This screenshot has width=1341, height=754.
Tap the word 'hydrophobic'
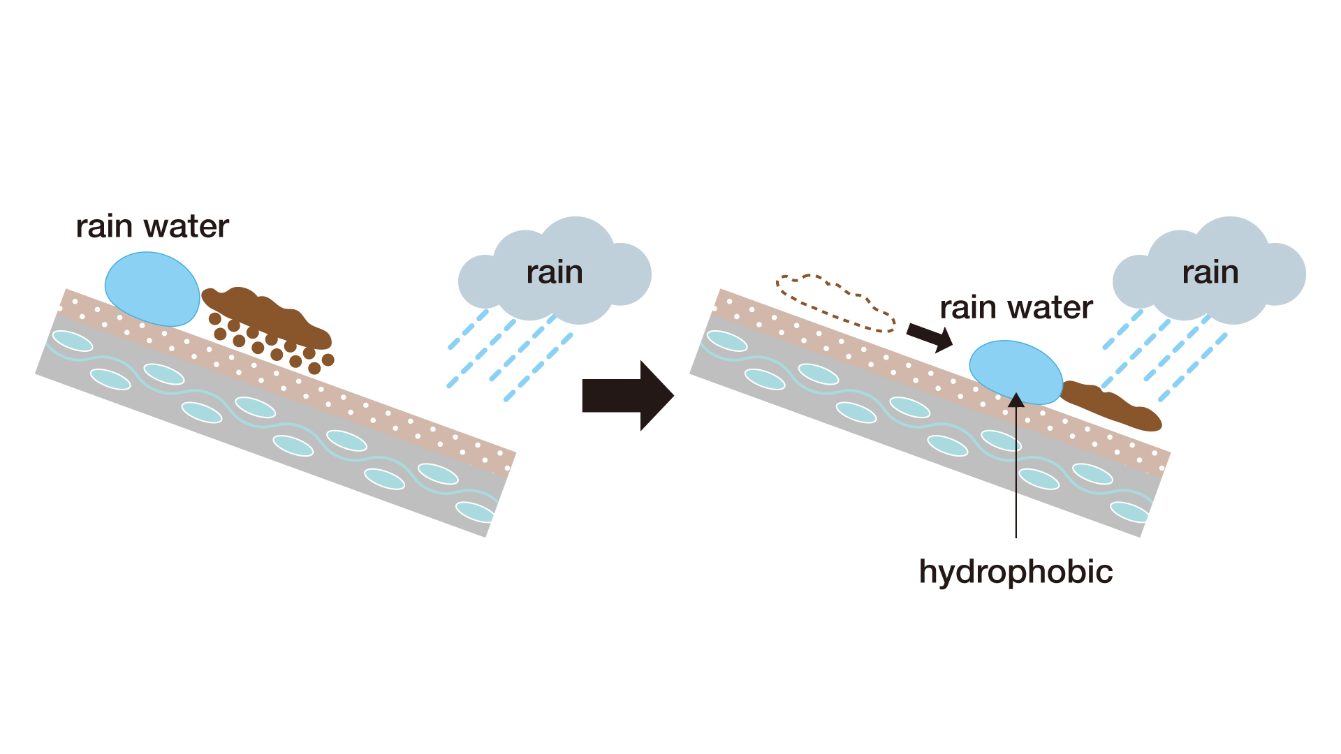1016,572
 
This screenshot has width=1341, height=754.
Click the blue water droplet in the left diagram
152,289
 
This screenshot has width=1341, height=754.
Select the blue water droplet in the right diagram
1016,373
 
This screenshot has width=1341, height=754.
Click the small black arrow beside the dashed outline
930,337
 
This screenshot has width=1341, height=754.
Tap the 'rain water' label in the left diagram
152,226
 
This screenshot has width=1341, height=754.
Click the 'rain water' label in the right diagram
1016,307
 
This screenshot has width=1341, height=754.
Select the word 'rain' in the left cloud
555,272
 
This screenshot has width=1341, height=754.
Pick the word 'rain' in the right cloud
1210,272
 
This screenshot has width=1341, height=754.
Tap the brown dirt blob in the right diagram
1111,406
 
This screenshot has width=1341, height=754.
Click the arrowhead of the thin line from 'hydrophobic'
1016,399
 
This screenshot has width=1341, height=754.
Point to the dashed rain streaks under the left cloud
510,356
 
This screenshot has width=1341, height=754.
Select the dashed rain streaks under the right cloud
1165,356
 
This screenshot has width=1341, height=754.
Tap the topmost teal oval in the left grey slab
73,341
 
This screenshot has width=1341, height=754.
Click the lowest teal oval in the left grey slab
475,512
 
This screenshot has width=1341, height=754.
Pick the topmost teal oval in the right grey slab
727,341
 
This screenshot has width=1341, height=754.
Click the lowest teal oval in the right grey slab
1129,512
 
